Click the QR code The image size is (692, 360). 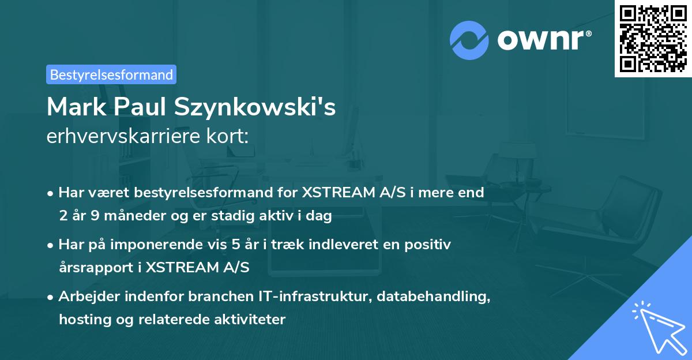point(653,39)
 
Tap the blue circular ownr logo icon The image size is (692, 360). point(469,40)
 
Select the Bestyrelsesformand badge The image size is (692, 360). point(111,74)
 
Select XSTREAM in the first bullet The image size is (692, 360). point(336,193)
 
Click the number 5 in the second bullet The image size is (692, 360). point(235,245)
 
